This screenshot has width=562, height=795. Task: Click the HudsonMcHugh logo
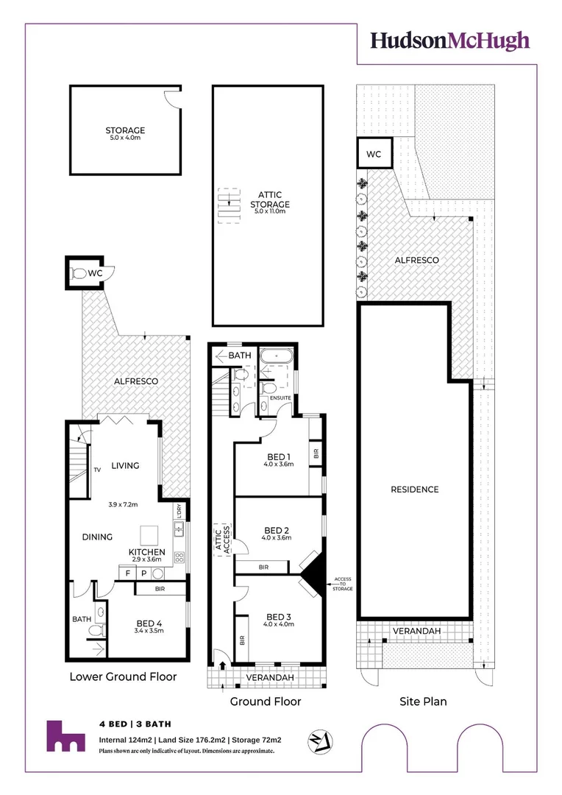[x=449, y=40]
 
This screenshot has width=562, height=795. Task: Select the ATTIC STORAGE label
[x=270, y=200]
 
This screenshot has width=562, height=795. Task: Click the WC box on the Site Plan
[x=374, y=155]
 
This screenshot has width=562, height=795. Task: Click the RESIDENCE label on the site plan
[x=414, y=490]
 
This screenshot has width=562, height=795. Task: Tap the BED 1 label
[x=279, y=456]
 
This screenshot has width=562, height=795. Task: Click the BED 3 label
[x=279, y=617]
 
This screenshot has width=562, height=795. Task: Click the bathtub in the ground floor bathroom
[x=277, y=356]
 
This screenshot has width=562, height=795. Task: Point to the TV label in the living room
[x=96, y=469]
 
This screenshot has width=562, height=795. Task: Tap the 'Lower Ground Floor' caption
[x=123, y=676]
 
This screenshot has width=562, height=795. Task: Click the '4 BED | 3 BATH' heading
[x=135, y=724]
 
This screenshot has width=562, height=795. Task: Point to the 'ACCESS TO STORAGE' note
[x=342, y=584]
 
